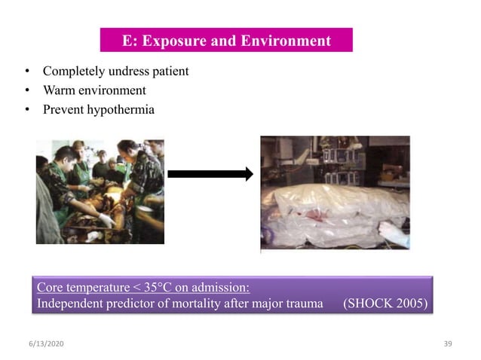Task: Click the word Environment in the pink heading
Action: tap(288, 41)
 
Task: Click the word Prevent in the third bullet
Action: tap(63, 110)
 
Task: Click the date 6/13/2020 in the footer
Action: tap(43, 343)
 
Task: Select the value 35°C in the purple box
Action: tap(160, 288)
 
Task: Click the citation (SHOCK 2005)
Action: tap(384, 304)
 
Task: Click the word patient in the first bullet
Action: tap(168, 72)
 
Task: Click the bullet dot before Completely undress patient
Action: tap(27, 72)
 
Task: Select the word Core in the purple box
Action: tap(50, 288)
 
